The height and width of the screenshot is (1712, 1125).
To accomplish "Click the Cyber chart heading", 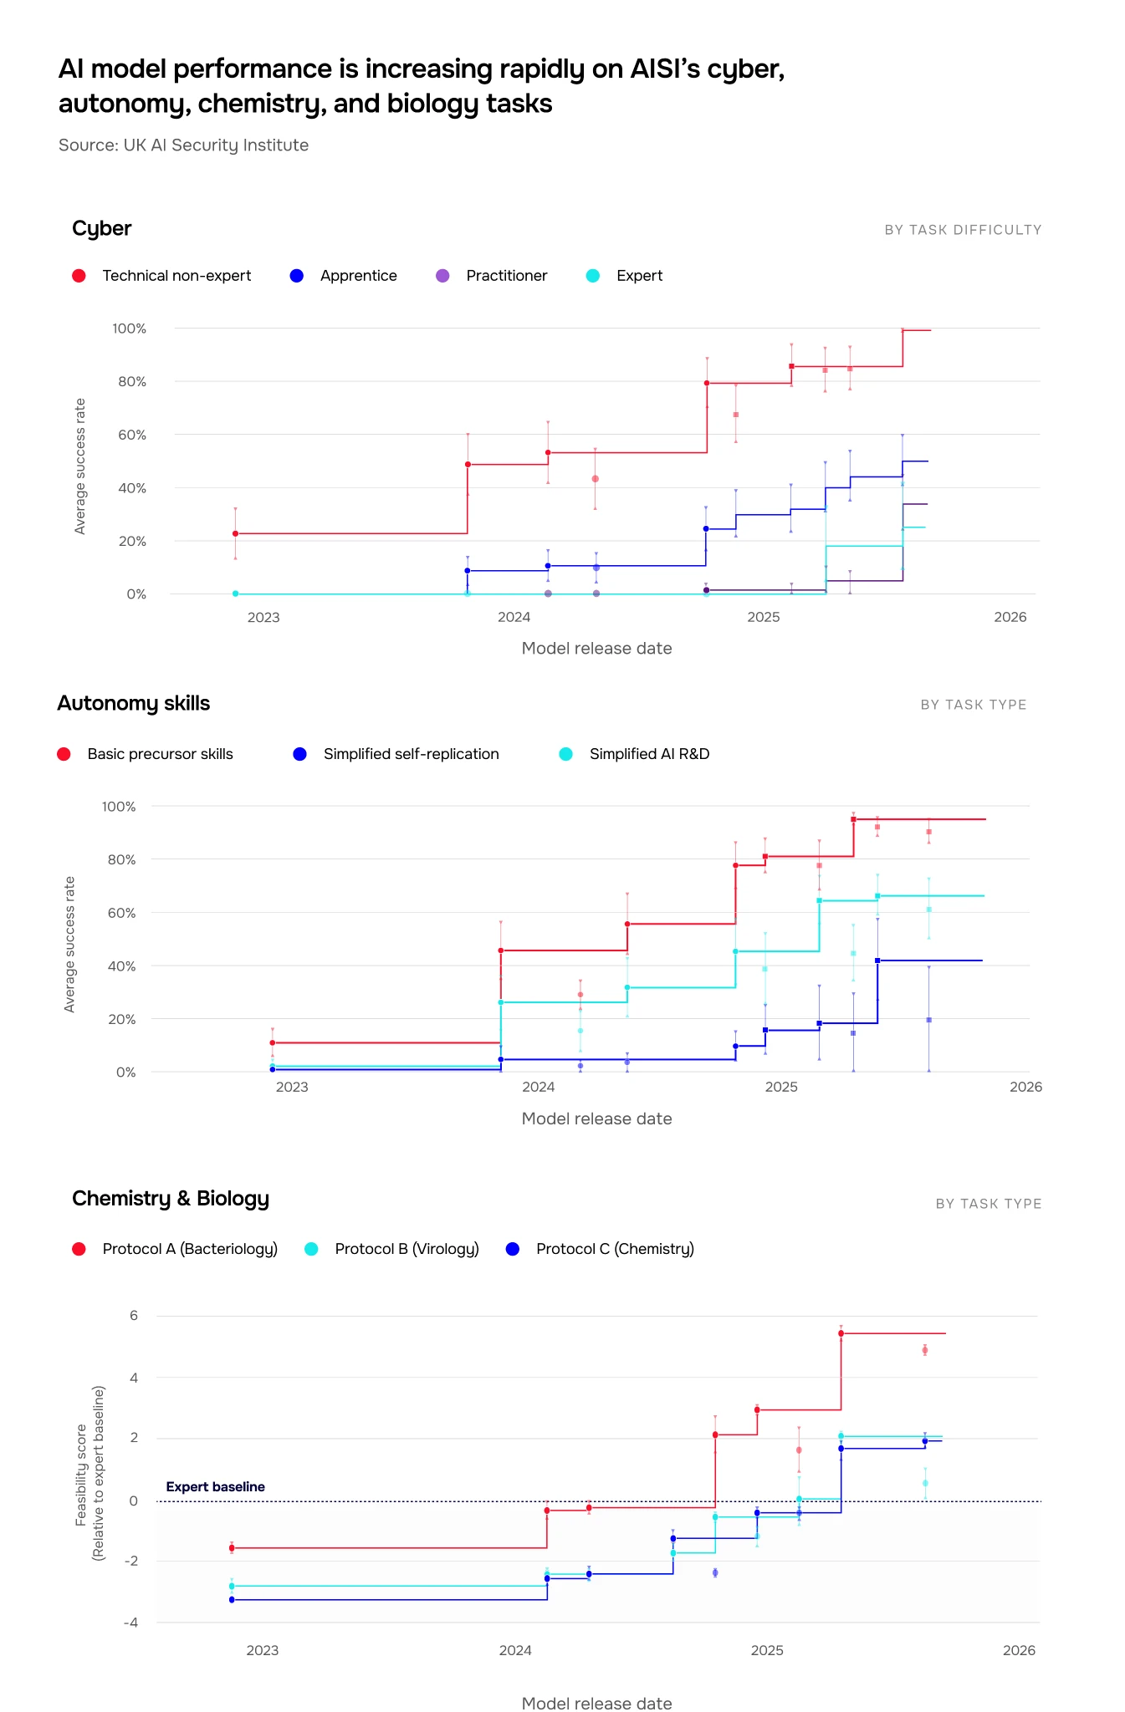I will point(101,228).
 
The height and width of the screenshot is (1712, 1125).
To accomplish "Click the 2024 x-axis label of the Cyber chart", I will point(514,617).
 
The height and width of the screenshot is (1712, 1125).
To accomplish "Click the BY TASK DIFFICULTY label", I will point(963,230).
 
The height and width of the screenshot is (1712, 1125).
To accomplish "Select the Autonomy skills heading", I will point(133,703).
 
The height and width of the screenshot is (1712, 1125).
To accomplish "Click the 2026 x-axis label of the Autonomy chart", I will point(1025,1087).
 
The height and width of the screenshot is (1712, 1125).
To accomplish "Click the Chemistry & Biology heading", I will point(171,1198).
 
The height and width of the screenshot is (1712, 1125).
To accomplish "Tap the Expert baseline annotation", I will point(215,1486).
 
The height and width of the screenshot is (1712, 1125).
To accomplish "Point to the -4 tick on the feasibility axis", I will point(130,1623).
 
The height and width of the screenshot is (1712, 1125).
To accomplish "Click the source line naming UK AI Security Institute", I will point(183,145).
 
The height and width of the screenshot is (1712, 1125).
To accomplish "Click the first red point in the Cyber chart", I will point(235,533).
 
